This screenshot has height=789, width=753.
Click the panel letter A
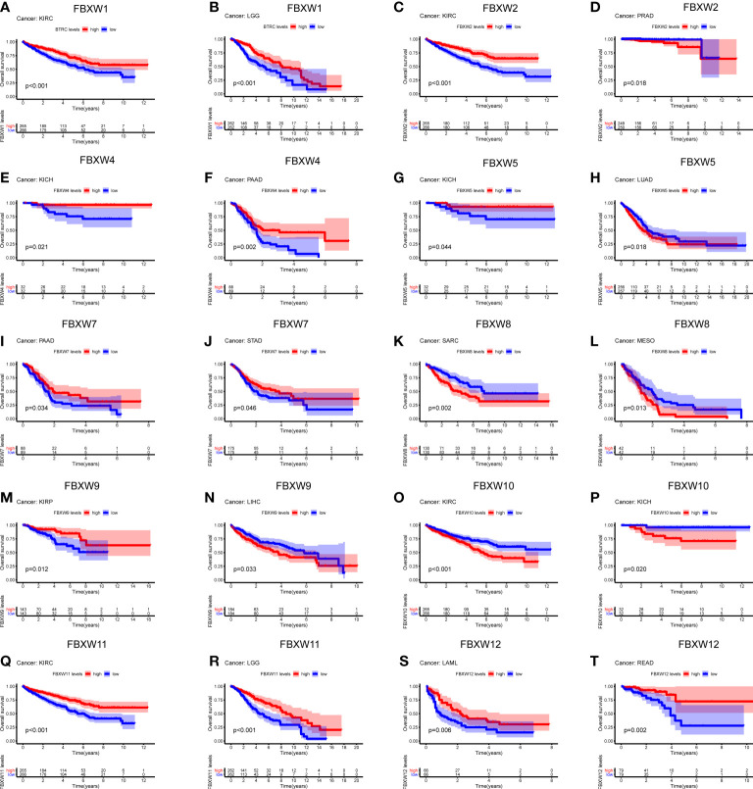(x=7, y=8)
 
